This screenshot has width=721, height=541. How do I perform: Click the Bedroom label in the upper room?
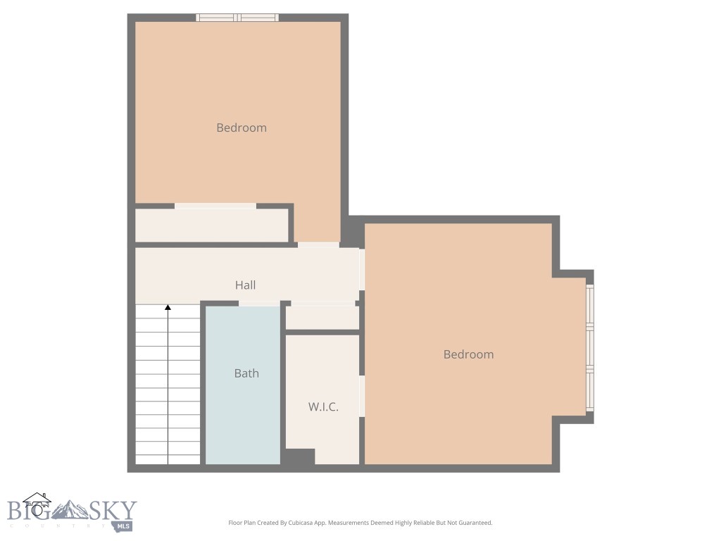242,128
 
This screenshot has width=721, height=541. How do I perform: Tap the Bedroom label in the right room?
468,354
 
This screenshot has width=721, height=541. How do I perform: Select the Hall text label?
245,285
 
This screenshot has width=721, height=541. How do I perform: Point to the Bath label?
246,373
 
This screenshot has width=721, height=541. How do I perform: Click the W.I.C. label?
323,406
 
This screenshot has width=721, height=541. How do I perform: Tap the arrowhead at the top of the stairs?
168,307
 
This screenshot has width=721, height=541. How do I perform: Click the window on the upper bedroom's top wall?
237,18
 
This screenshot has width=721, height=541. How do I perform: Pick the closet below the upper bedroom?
211,225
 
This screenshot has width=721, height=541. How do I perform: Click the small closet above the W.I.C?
322,318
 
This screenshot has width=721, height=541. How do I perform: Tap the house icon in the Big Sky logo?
37,504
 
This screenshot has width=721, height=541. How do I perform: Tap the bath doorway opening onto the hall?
258,303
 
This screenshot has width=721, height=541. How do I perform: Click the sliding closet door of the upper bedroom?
215,206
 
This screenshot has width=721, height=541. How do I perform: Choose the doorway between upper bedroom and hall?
318,244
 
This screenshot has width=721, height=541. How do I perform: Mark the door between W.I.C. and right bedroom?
362,396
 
